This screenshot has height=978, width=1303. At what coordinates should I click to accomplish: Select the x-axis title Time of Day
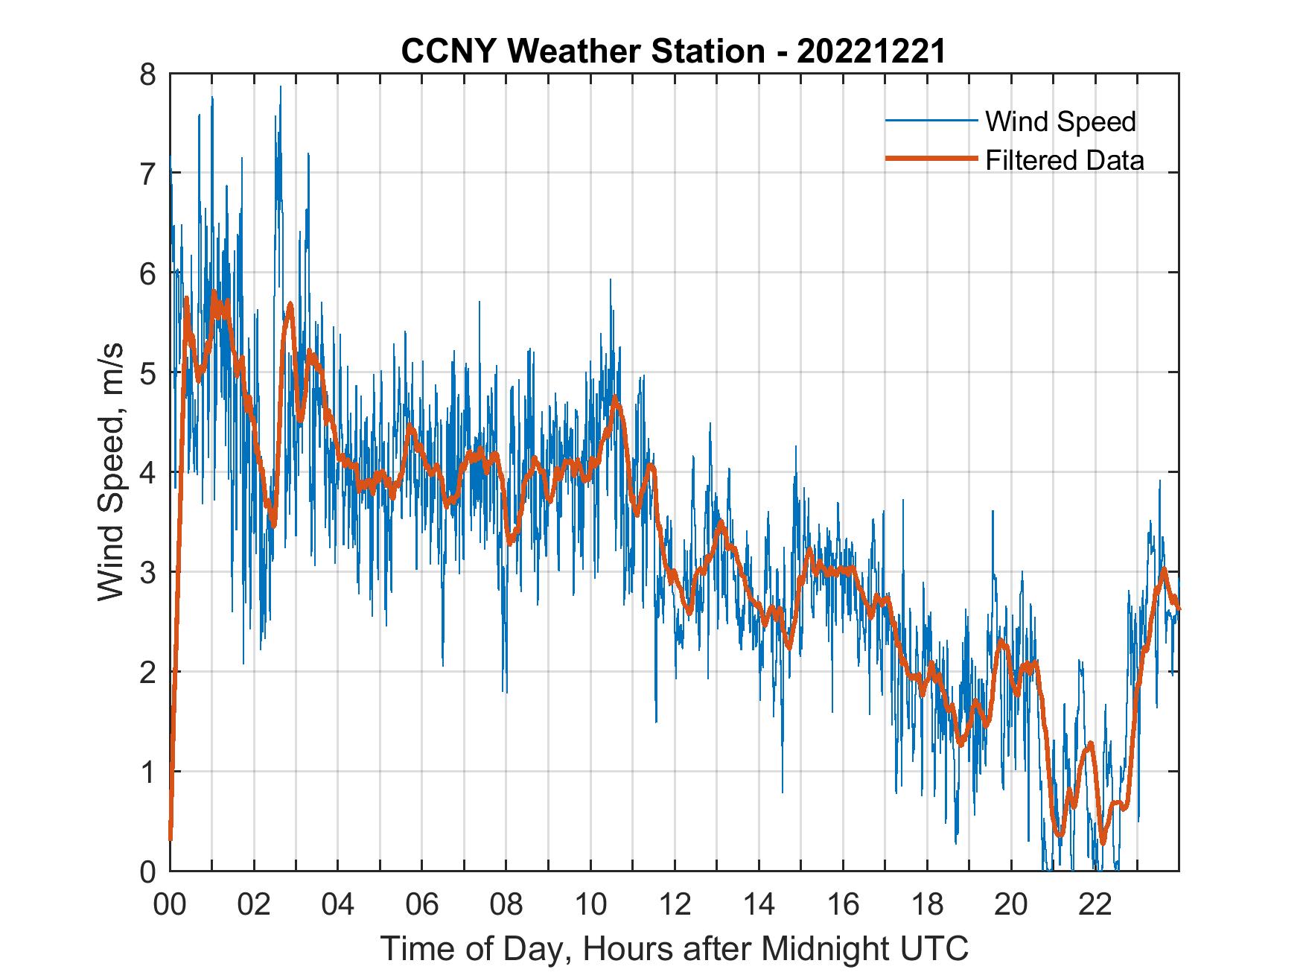point(675,948)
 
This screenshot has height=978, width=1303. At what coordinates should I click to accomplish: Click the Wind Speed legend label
point(1060,121)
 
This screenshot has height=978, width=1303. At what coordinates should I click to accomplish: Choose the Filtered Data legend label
point(1064,160)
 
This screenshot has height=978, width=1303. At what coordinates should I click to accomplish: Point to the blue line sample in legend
point(931,121)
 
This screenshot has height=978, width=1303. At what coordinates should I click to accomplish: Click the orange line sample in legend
point(931,159)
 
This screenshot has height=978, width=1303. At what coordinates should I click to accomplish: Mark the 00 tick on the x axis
point(170,906)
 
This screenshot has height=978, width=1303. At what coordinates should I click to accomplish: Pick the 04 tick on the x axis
point(338,906)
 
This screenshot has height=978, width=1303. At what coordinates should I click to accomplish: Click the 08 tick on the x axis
point(506,906)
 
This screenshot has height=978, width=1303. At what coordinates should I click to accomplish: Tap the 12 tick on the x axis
point(675,906)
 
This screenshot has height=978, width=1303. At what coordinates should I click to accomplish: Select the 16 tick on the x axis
point(843,906)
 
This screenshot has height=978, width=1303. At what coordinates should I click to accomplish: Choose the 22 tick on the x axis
point(1095,906)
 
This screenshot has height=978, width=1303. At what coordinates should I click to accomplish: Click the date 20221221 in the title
point(870,52)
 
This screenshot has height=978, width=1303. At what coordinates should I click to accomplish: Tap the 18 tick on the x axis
point(927,906)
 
